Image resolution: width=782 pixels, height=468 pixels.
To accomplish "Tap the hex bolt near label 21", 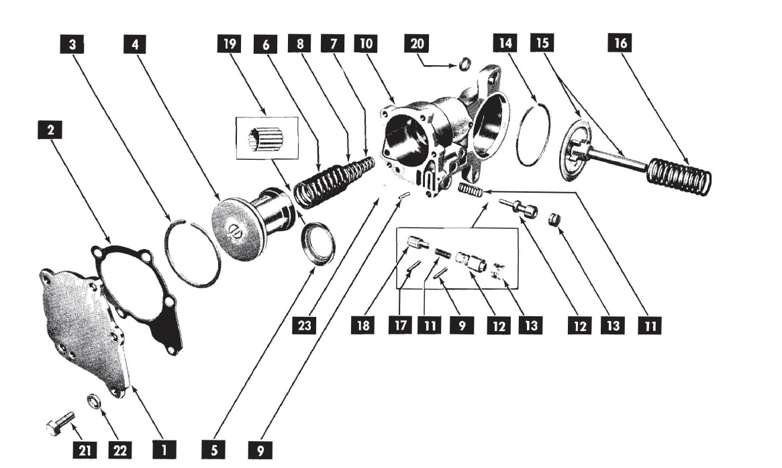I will pos(58,424).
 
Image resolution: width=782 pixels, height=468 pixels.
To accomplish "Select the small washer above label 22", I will pos(94,402).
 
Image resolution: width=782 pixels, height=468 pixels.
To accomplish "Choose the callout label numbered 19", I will pos(229,44).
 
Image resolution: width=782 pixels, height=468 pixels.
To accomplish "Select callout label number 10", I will pos(366,44).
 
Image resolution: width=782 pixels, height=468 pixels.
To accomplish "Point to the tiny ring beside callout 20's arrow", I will pos(463,66).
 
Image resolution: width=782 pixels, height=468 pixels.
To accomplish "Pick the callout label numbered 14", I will pos(504,44).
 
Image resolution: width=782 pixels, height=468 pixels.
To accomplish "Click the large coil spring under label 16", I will pos(678,176).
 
